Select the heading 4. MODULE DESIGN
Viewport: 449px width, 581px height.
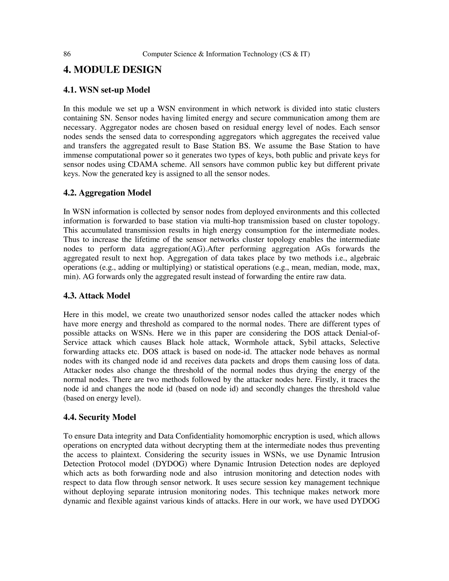coord(112,70)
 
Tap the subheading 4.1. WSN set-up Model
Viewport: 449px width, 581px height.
coord(107,90)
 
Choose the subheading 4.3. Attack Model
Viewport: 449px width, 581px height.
coord(97,296)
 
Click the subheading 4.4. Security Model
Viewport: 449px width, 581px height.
coord(100,417)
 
